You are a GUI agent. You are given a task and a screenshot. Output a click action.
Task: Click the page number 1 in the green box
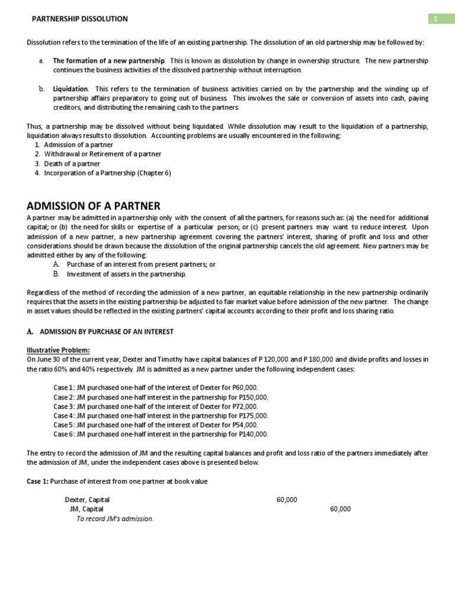pos(435,19)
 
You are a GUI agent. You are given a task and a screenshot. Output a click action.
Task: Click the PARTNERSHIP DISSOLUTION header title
pos(79,19)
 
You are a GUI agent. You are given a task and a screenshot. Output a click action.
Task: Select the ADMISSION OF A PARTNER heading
pos(94,206)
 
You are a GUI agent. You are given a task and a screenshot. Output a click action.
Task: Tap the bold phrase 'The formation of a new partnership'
pos(109,61)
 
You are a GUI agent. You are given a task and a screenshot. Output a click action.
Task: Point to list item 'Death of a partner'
pos(72,164)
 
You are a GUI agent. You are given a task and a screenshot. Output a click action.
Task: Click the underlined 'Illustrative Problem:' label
pos(59,350)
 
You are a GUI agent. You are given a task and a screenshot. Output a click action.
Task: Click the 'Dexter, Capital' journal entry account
pos(87,500)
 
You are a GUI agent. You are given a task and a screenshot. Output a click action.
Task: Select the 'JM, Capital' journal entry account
pos(86,509)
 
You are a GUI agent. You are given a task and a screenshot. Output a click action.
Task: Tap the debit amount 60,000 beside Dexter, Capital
pos(287,500)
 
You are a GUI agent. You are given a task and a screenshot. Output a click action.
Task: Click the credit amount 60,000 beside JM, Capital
pos(340,509)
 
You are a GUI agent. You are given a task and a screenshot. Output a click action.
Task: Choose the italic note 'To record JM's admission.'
pos(115,519)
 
